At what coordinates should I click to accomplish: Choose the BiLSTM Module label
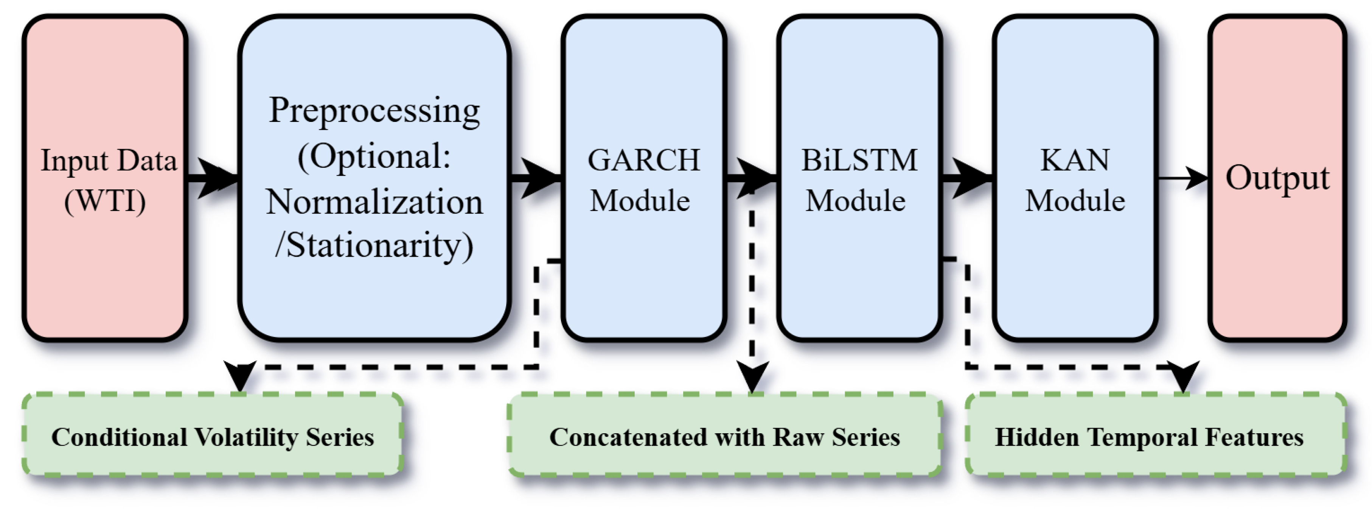pos(859,180)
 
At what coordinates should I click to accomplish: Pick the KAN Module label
pos(1075,180)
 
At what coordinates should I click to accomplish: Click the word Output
pos(1277,178)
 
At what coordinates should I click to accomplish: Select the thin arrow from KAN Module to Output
pos(1181,178)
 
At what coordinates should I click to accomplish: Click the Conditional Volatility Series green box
pos(212,434)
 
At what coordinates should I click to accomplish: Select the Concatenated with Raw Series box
pos(724,434)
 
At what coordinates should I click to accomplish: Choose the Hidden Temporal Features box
pos(1156,434)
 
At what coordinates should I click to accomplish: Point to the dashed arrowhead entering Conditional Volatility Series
pos(241,376)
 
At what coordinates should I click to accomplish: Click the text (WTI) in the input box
pos(105,201)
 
